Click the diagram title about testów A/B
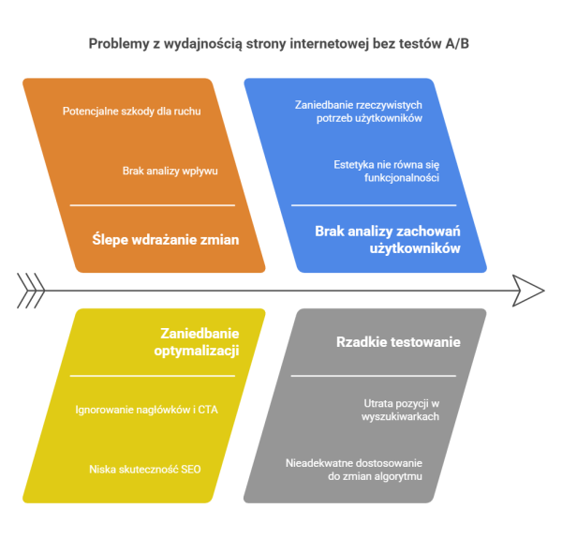click(x=279, y=44)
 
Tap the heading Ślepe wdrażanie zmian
click(x=166, y=239)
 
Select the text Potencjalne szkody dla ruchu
click(x=131, y=112)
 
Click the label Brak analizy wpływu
click(x=170, y=171)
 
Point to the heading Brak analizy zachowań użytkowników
click(x=388, y=240)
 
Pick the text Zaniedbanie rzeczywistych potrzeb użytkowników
click(x=359, y=112)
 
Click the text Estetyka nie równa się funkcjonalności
click(x=386, y=171)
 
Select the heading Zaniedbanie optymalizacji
click(x=197, y=342)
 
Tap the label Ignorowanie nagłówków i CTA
click(x=146, y=410)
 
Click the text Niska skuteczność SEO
click(x=145, y=469)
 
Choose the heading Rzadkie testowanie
click(x=398, y=342)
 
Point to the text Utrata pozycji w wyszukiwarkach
click(x=400, y=410)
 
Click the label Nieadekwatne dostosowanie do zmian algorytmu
click(x=354, y=470)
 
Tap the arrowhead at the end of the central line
click(x=528, y=291)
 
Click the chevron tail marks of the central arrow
click(x=31, y=291)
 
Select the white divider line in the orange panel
click(x=153, y=205)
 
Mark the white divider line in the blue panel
click(x=374, y=205)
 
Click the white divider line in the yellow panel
click(x=153, y=376)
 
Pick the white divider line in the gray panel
click(x=374, y=376)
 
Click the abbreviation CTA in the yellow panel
click(x=208, y=410)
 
